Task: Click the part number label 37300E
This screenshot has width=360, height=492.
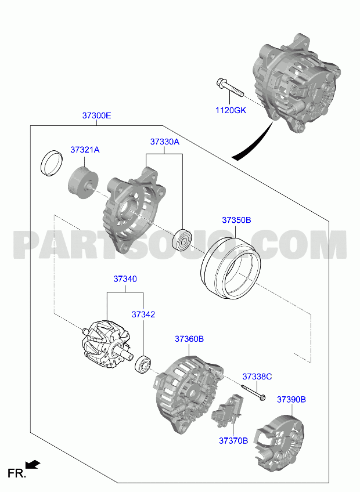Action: pyautogui.click(x=97, y=115)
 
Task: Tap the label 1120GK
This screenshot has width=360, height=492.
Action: pyautogui.click(x=231, y=110)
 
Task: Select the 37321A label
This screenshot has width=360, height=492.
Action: pyautogui.click(x=85, y=150)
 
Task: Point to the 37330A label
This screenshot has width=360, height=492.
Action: pyautogui.click(x=164, y=142)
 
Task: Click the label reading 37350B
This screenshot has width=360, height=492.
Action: pyautogui.click(x=236, y=220)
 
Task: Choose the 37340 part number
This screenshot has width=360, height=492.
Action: pyautogui.click(x=125, y=278)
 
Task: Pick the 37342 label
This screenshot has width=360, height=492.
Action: pyautogui.click(x=143, y=314)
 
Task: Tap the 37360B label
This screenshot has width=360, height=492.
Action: pyautogui.click(x=189, y=339)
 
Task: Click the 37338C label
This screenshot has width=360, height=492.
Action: pyautogui.click(x=257, y=377)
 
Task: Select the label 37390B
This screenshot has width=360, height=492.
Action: pyautogui.click(x=291, y=399)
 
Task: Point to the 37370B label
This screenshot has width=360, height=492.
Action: pyautogui.click(x=233, y=441)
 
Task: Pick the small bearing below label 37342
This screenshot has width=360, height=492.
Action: pyautogui.click(x=143, y=364)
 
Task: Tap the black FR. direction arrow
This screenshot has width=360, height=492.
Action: pyautogui.click(x=33, y=464)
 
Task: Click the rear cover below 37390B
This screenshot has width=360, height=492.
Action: pyautogui.click(x=279, y=443)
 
